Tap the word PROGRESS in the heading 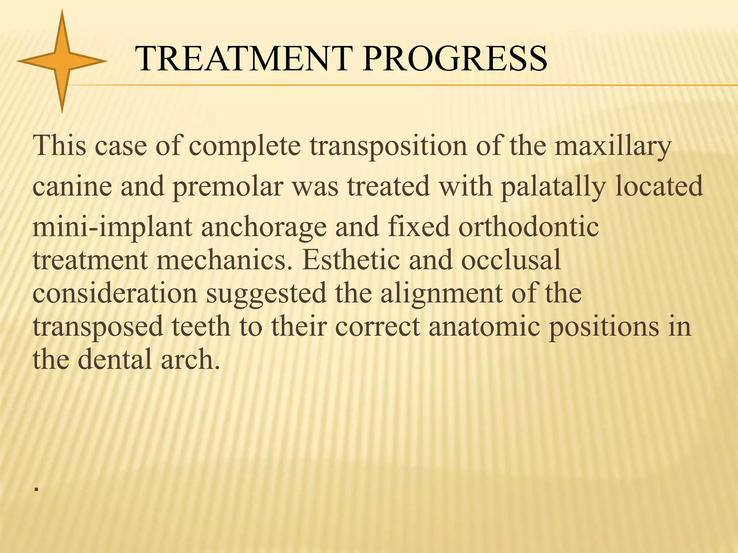tap(455, 58)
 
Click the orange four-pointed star tap(62, 61)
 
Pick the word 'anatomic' tap(484, 326)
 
